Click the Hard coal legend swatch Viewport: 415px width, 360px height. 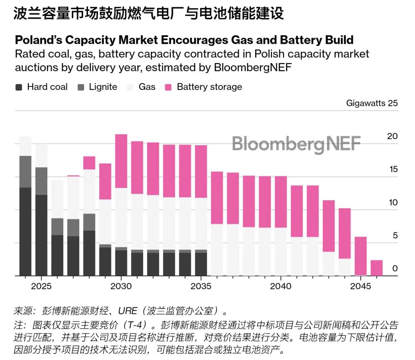(19, 87)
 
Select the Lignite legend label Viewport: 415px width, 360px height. (103, 87)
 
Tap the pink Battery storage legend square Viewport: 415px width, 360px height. (168, 87)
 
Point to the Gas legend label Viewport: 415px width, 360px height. (147, 87)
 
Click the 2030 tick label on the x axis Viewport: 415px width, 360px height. (121, 286)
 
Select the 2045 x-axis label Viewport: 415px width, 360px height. (361, 286)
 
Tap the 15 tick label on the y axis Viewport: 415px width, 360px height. (392, 169)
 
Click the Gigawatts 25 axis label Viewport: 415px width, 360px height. (372, 103)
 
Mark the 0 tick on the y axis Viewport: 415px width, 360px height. (395, 269)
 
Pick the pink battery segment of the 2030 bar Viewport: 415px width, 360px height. (121, 161)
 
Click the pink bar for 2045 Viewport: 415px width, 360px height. (361, 256)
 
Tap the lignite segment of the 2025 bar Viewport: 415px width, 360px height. (41, 181)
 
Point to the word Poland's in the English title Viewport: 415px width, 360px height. (38, 40)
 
